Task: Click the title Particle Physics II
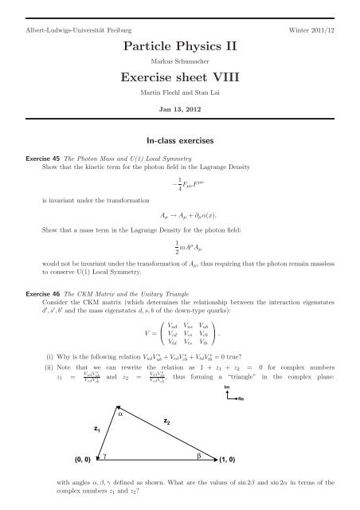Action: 179,45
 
